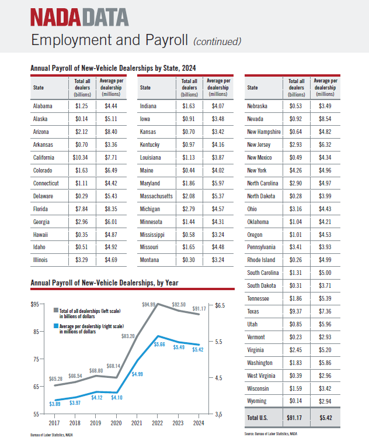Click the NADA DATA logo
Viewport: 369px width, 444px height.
[x=79, y=18]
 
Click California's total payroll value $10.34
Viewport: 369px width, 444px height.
[x=80, y=157]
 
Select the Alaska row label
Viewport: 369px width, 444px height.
[x=40, y=119]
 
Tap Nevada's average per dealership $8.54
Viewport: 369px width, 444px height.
[x=325, y=119]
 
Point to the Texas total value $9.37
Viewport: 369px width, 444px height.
[x=295, y=311]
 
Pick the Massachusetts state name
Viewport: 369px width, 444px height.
[x=156, y=196]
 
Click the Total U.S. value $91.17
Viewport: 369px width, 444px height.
[x=294, y=418]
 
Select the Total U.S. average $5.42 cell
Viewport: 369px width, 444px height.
[x=326, y=418]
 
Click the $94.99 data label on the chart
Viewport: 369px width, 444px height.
[x=149, y=304]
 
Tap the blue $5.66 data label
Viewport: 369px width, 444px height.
[x=159, y=345]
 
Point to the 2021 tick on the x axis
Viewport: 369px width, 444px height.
[x=137, y=423]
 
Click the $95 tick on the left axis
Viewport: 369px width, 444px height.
[x=35, y=304]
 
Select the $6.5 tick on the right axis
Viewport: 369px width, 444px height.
[x=220, y=305]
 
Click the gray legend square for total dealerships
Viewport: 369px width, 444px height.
[x=56, y=311]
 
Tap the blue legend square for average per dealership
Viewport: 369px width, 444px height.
[x=56, y=326]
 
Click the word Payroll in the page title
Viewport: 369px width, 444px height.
[x=167, y=40]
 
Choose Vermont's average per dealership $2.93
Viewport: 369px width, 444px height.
[x=325, y=338]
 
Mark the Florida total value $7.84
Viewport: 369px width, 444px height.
[x=81, y=209]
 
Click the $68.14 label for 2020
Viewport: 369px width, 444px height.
[x=113, y=366]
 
